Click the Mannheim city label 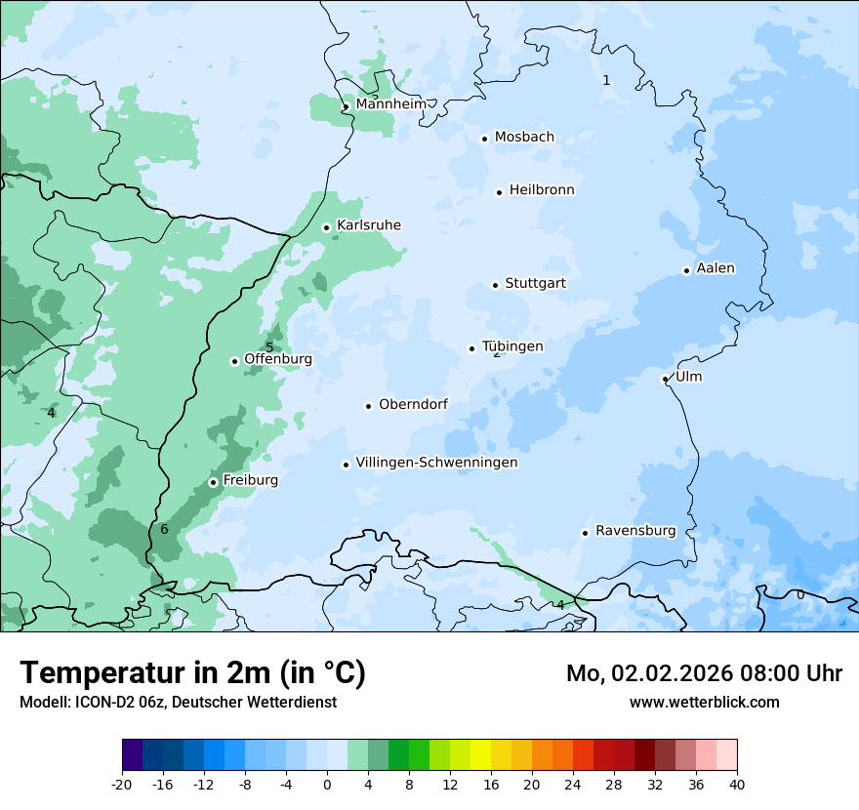390,104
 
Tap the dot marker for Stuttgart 495,285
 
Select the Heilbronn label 542,190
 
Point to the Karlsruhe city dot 326,227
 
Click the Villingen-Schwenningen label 436,463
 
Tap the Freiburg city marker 213,482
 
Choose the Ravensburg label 635,531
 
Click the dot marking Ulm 665,379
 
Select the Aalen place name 716,268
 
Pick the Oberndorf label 413,404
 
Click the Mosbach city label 524,138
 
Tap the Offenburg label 278,359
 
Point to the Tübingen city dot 471,348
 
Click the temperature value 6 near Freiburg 164,529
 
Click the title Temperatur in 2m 192,672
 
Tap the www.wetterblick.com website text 704,702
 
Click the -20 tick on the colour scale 122,784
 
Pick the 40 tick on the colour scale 737,784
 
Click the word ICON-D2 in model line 102,702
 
